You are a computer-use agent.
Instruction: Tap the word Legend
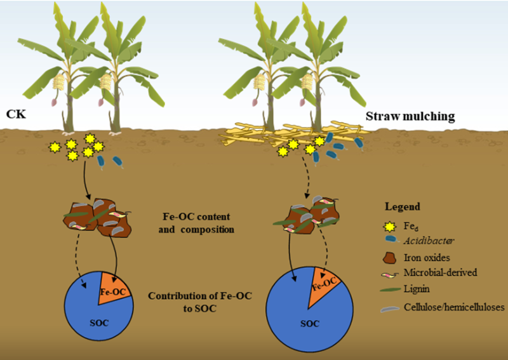(403, 207)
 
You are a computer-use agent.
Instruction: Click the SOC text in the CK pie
(97, 323)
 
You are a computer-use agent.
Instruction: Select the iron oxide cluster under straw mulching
(308, 214)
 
